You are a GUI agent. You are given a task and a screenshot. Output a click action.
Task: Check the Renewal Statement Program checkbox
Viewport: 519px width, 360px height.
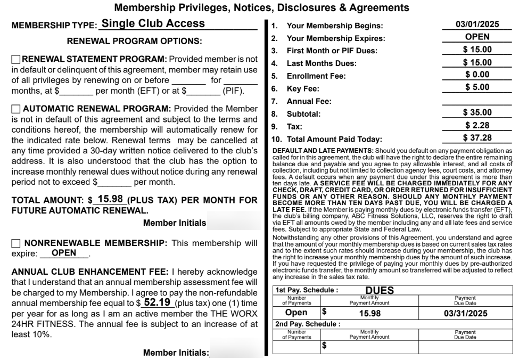click(x=16, y=59)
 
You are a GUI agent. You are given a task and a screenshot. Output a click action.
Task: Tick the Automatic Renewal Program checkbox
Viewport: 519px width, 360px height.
click(x=16, y=109)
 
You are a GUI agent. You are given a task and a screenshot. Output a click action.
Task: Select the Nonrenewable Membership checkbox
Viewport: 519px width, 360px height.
click(x=16, y=243)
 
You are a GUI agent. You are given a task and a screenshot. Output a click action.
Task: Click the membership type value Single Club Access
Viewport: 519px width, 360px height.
click(x=153, y=23)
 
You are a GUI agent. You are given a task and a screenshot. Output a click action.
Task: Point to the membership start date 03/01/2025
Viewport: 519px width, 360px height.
click(x=477, y=24)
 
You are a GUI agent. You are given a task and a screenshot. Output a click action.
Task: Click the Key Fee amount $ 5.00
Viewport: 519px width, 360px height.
click(x=477, y=87)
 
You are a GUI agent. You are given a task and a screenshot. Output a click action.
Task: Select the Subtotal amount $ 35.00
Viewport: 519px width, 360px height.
click(x=477, y=112)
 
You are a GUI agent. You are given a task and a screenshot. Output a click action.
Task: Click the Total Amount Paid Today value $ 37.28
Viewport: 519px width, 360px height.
click(x=477, y=138)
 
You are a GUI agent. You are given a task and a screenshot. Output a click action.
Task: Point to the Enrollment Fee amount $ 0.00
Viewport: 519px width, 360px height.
click(x=477, y=75)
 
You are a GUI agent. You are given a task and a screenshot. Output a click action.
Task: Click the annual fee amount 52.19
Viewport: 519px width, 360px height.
click(x=157, y=302)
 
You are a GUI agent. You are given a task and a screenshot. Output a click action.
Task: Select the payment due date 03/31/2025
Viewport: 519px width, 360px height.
click(x=466, y=314)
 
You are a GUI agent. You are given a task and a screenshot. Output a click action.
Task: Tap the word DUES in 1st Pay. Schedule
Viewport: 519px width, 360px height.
click(x=380, y=290)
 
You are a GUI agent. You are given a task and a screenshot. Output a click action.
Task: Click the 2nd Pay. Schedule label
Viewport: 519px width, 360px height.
click(x=307, y=324)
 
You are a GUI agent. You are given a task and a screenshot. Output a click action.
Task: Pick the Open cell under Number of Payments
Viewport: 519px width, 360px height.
click(x=296, y=313)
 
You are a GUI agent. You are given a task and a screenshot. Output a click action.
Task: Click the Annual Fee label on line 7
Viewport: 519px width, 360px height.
click(x=309, y=101)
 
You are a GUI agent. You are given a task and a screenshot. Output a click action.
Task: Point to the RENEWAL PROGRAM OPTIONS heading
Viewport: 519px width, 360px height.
click(x=134, y=41)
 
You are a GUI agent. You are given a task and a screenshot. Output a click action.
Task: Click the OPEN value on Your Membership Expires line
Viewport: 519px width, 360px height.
click(x=477, y=37)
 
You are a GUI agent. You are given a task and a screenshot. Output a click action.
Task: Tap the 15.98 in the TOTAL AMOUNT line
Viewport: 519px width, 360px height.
click(x=111, y=199)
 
